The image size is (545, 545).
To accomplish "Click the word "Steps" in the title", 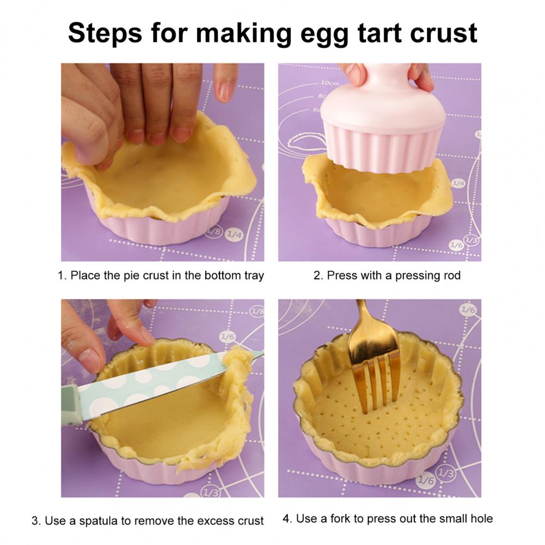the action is point(105,33).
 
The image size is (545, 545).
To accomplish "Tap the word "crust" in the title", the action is point(444,33).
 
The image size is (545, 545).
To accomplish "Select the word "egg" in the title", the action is point(324,35).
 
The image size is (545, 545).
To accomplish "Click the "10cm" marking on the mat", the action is point(329,83).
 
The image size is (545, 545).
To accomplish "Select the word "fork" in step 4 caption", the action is point(340,518).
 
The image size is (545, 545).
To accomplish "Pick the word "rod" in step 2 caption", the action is point(452,275).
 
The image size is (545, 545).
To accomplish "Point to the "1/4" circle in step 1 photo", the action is point(234,235).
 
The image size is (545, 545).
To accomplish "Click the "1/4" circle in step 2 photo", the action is point(458,183).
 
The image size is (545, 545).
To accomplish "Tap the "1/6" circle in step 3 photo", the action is point(228,336).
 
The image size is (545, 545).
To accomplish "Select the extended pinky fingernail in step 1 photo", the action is point(225,91).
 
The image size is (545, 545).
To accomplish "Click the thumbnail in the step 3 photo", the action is point(89,360).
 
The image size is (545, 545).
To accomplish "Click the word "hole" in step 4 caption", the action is point(481,518).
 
